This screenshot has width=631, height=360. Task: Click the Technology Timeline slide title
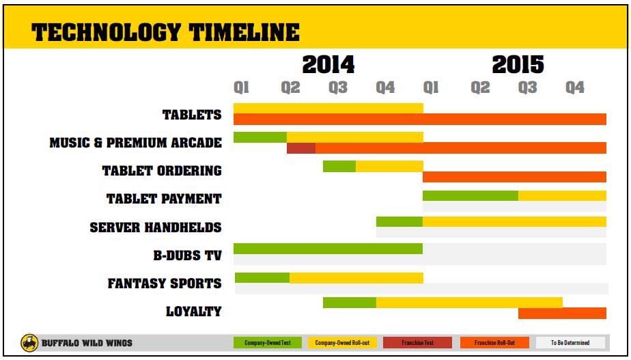pyautogui.click(x=166, y=32)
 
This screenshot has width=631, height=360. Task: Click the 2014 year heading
pyautogui.click(x=328, y=65)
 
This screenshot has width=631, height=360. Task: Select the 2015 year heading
pyautogui.click(x=518, y=65)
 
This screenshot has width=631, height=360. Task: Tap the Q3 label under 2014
pyautogui.click(x=338, y=87)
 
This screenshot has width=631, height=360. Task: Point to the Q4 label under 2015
pyautogui.click(x=575, y=87)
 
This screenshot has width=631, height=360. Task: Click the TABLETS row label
pyautogui.click(x=192, y=115)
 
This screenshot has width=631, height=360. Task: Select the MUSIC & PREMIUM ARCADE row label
pyautogui.click(x=136, y=143)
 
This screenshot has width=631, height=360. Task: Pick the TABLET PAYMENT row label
pyautogui.click(x=164, y=199)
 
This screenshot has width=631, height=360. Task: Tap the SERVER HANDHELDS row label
pyautogui.click(x=156, y=227)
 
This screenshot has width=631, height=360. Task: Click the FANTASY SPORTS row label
pyautogui.click(x=165, y=283)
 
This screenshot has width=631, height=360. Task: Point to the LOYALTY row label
pyautogui.click(x=194, y=311)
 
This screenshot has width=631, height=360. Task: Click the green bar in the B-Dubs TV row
pyautogui.click(x=328, y=249)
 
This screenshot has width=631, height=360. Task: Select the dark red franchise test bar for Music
pyautogui.click(x=301, y=148)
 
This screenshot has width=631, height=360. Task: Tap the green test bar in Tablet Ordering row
pyautogui.click(x=339, y=166)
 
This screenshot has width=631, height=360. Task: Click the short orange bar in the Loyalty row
pyautogui.click(x=562, y=314)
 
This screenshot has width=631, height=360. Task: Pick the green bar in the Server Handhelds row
pyautogui.click(x=399, y=221)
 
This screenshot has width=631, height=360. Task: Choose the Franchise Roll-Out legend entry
pyautogui.click(x=494, y=342)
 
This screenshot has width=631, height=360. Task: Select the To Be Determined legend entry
pyautogui.click(x=570, y=342)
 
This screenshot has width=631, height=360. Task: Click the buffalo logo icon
pyautogui.click(x=29, y=342)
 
